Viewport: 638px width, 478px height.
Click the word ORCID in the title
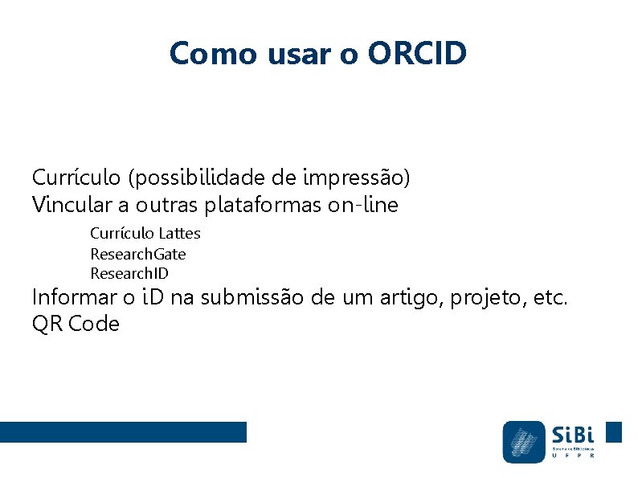click(x=417, y=54)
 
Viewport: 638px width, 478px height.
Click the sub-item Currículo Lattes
click(x=145, y=234)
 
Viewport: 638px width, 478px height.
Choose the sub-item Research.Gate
click(x=137, y=254)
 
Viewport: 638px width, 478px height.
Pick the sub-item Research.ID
click(x=129, y=274)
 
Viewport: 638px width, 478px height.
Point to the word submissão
click(x=252, y=297)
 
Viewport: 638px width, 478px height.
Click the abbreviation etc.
click(x=550, y=297)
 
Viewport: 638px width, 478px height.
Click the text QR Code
click(x=76, y=325)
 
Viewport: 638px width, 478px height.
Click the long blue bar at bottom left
click(x=123, y=432)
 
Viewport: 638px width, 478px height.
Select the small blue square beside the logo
click(x=613, y=432)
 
